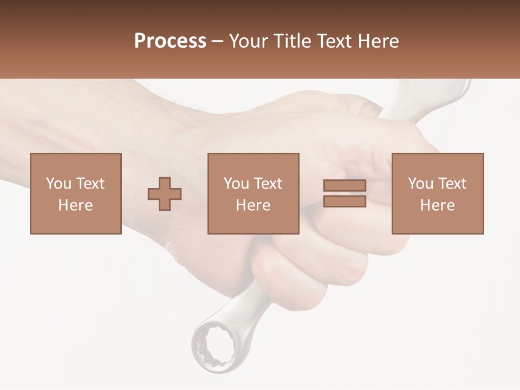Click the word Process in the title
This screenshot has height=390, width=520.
(170, 41)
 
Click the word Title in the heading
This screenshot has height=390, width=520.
(291, 41)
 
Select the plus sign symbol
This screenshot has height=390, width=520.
(165, 194)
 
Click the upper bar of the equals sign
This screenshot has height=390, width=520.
(344, 185)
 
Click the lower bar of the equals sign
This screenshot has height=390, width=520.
(344, 201)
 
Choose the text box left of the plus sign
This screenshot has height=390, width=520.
(76, 193)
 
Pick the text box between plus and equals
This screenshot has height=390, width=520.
(253, 193)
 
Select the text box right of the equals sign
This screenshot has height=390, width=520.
(438, 193)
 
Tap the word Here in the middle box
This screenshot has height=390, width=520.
(253, 205)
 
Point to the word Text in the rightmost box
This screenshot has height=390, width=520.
(452, 184)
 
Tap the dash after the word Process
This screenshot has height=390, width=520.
(217, 41)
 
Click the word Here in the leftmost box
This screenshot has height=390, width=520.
(76, 205)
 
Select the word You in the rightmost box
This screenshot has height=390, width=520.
(420, 184)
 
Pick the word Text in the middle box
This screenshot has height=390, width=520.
(268, 184)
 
